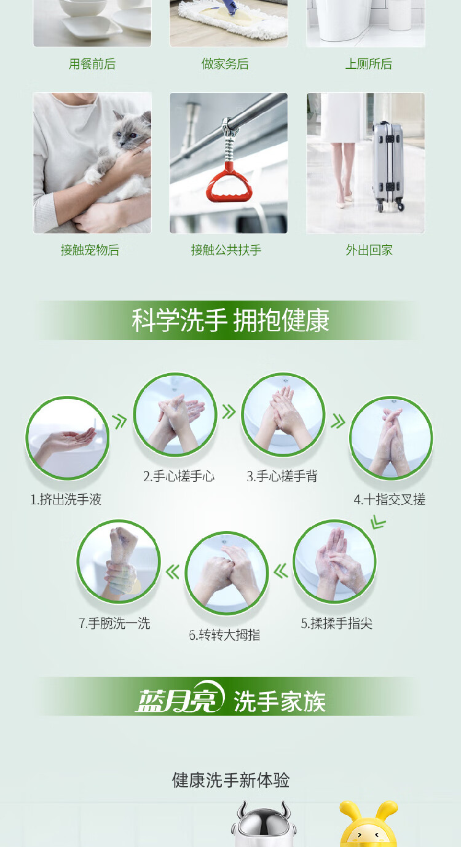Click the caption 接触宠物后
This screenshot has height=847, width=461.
[x=90, y=250]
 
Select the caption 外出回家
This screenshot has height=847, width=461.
[x=369, y=250]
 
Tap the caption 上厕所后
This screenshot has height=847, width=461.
[x=369, y=64]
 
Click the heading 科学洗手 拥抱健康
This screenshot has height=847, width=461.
[x=230, y=320]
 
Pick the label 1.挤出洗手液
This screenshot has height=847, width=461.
[x=66, y=500]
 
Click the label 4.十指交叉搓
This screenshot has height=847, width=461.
[x=390, y=500]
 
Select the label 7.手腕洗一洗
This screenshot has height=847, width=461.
[x=114, y=623]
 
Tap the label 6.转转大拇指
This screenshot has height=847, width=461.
[x=224, y=635]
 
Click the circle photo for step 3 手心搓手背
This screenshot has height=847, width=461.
[x=283, y=415]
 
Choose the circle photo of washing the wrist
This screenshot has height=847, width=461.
[x=119, y=562]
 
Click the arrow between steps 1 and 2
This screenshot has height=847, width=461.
[x=119, y=421]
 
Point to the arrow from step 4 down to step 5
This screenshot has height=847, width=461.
[x=378, y=522]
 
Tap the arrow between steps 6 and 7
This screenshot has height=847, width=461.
[x=173, y=572]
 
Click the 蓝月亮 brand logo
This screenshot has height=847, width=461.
[x=180, y=698]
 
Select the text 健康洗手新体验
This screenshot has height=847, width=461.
[x=230, y=779]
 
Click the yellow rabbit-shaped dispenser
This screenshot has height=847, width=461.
[x=369, y=824]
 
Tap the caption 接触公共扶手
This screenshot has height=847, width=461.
[x=226, y=250]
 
